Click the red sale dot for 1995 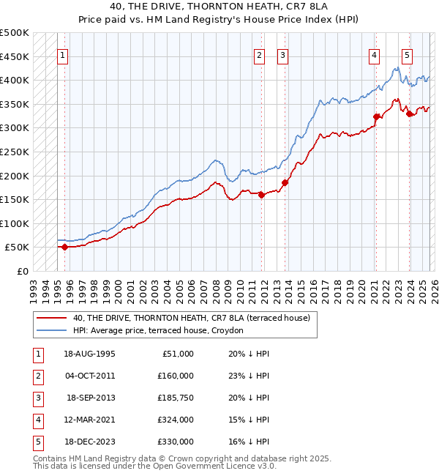point(64,247)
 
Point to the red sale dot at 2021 point(376,116)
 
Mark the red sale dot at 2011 point(261,195)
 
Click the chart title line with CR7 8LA point(220,7)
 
